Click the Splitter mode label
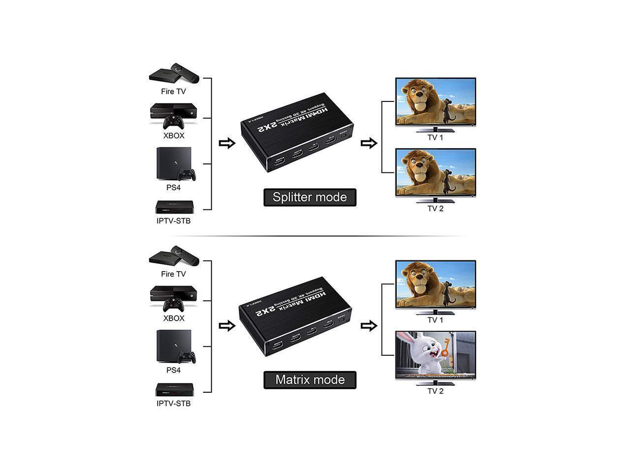pos(310,197)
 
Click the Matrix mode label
pos(310,379)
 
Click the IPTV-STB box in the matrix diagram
pos(175,389)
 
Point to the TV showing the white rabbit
pos(436,355)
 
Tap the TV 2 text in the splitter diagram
pos(435,208)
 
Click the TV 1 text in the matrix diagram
pos(435,320)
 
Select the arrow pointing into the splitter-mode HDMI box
pos(227,143)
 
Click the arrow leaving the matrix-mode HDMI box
pos(369,326)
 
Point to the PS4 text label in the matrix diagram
pos(173,370)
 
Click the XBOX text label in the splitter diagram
pos(174,135)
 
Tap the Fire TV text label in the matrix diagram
pos(174,274)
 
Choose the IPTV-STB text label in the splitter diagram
pos(173,221)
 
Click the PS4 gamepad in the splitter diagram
pos(187,174)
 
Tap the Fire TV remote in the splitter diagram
pos(185,72)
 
